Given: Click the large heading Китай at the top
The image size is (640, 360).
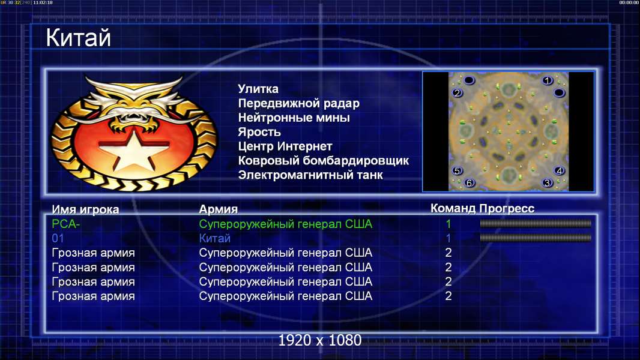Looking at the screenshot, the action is click(x=78, y=38).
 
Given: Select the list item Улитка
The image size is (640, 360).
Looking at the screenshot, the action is click(x=258, y=89).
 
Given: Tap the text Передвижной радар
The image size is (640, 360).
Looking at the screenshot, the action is click(x=299, y=104).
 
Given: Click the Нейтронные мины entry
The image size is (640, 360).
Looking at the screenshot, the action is click(x=294, y=118).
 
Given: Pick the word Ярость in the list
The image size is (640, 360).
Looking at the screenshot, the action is click(x=259, y=132).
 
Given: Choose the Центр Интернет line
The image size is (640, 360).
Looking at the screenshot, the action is click(x=285, y=146).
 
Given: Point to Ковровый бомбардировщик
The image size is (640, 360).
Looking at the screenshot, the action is click(x=323, y=161).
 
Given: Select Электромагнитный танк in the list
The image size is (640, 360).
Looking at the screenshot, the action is click(x=310, y=175).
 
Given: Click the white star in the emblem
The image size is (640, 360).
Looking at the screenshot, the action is click(x=134, y=149).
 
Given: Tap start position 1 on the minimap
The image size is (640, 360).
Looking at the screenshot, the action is click(x=548, y=80).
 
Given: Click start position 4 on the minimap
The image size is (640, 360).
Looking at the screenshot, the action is click(x=559, y=171).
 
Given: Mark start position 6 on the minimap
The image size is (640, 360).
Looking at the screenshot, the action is click(x=469, y=183).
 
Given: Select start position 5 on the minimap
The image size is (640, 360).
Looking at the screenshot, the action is click(x=457, y=171).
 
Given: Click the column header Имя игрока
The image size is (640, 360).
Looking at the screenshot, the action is click(x=85, y=209).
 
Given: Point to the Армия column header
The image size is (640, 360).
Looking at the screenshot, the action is click(x=219, y=209).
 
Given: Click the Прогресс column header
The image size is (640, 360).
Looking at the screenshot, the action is click(x=507, y=208).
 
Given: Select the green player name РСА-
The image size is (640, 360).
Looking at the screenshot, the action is click(x=65, y=224).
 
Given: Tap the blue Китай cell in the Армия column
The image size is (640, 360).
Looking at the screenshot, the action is click(x=215, y=238).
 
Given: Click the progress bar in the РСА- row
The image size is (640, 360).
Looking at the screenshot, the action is click(x=536, y=223).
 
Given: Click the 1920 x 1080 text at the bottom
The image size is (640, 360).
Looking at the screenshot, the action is click(x=319, y=340).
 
